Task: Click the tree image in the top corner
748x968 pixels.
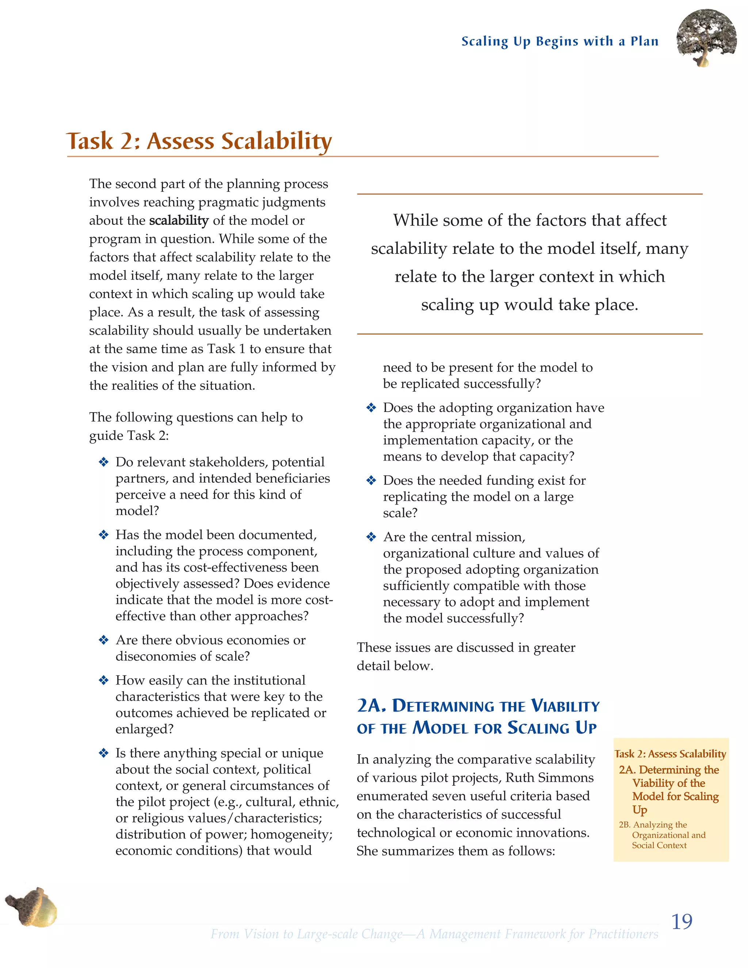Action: pyautogui.click(x=706, y=38)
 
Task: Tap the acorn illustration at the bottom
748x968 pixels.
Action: pyautogui.click(x=32, y=907)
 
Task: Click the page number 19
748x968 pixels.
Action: pyautogui.click(x=682, y=922)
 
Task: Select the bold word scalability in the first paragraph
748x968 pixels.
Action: pyautogui.click(x=179, y=220)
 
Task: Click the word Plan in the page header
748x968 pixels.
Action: pyautogui.click(x=644, y=41)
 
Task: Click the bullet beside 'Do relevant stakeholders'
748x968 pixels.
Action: pyautogui.click(x=104, y=462)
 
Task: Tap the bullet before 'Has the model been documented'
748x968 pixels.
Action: pyautogui.click(x=104, y=535)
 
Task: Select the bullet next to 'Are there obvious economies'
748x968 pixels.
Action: pyautogui.click(x=104, y=640)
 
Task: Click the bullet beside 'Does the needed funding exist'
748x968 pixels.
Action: pyautogui.click(x=371, y=480)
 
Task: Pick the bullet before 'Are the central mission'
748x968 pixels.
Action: pyautogui.click(x=371, y=537)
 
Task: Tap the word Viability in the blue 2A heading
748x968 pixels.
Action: pyautogui.click(x=565, y=706)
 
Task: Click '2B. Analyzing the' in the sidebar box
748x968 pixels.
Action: pyautogui.click(x=653, y=824)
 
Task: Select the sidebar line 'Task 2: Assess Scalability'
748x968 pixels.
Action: pyautogui.click(x=670, y=754)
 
